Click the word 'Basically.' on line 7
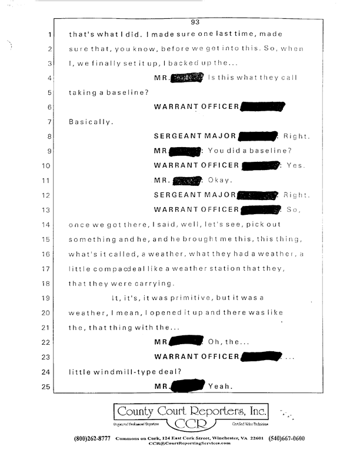[x=90, y=122]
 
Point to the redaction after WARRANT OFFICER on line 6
[x=262, y=107]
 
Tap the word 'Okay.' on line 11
[x=220, y=181]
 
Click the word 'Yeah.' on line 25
[x=221, y=387]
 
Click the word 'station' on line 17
[x=227, y=268]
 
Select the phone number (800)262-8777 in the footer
[x=92, y=439]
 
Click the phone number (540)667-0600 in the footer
[x=286, y=439]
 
